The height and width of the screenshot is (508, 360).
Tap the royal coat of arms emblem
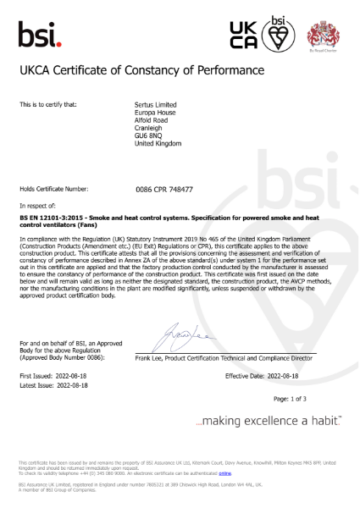(x=319, y=32)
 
